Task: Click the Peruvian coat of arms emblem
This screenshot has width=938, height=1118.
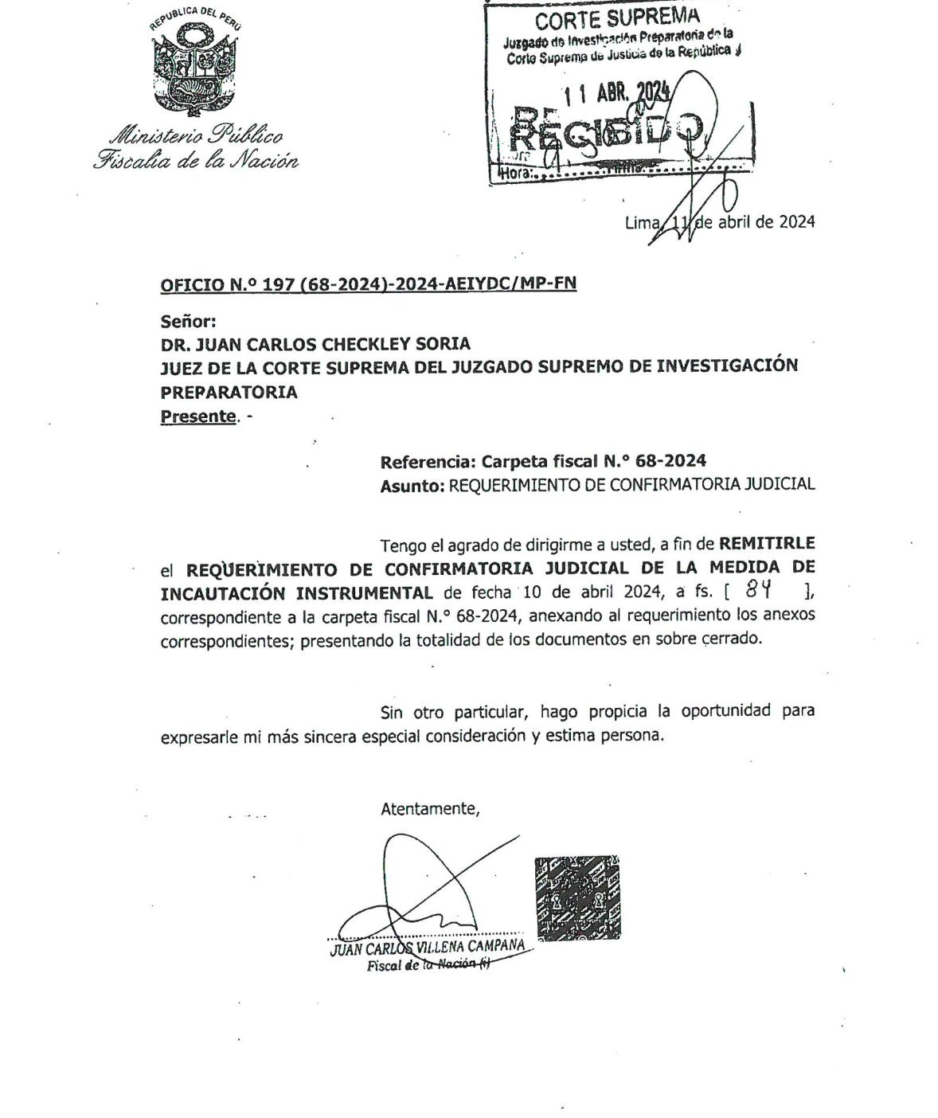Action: (x=194, y=67)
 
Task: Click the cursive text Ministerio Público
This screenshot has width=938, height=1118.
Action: (x=195, y=135)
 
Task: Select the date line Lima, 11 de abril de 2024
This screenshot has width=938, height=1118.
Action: (x=719, y=222)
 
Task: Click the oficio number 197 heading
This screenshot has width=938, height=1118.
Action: (x=368, y=284)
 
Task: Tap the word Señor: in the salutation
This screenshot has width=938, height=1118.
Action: (x=188, y=322)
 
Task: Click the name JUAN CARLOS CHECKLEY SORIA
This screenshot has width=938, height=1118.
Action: (x=315, y=344)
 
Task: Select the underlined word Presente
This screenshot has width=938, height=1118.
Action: (x=198, y=416)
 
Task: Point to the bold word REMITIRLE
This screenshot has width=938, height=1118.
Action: (x=766, y=544)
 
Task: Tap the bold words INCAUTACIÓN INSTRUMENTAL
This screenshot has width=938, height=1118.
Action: (x=297, y=593)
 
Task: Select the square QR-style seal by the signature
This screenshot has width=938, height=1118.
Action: (x=576, y=897)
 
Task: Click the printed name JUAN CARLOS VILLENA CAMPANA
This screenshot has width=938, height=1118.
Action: (x=428, y=947)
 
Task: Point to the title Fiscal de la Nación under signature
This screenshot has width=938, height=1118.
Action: (x=428, y=965)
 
